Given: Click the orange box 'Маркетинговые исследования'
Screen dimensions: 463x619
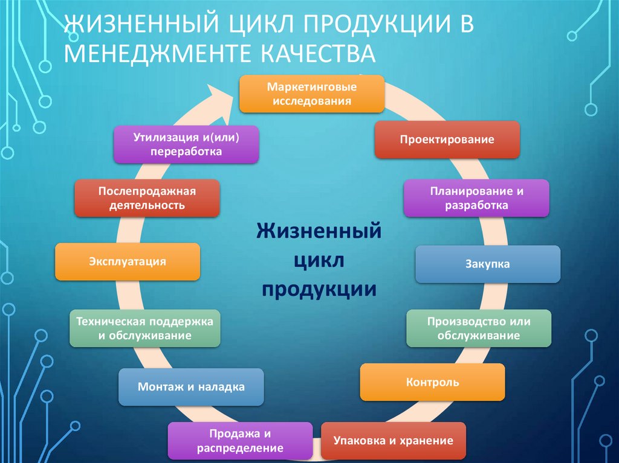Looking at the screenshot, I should [x=312, y=94].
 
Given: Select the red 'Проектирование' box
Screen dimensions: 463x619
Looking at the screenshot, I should [x=447, y=139].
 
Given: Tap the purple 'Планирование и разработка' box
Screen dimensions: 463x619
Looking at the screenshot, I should [x=476, y=198].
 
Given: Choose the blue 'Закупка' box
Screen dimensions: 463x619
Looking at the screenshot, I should [x=488, y=264].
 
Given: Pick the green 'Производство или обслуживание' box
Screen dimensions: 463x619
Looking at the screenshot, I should [x=478, y=328].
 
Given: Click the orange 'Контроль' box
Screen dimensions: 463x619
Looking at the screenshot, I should [x=432, y=382].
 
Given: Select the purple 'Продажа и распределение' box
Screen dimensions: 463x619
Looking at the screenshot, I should [x=240, y=441].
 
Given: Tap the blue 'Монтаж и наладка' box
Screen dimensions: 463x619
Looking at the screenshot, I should [x=191, y=387].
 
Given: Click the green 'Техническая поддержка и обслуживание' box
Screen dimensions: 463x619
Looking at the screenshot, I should [x=144, y=328].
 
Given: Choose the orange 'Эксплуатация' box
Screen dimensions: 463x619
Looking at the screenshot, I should [x=128, y=261].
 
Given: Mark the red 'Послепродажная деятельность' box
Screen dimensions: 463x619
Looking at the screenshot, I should [x=147, y=198].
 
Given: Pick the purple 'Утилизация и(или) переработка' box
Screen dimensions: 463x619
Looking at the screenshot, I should [x=186, y=144].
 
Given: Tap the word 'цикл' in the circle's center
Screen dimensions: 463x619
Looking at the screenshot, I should [x=319, y=261].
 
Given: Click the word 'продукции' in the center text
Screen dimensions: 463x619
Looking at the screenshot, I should [x=319, y=289].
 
